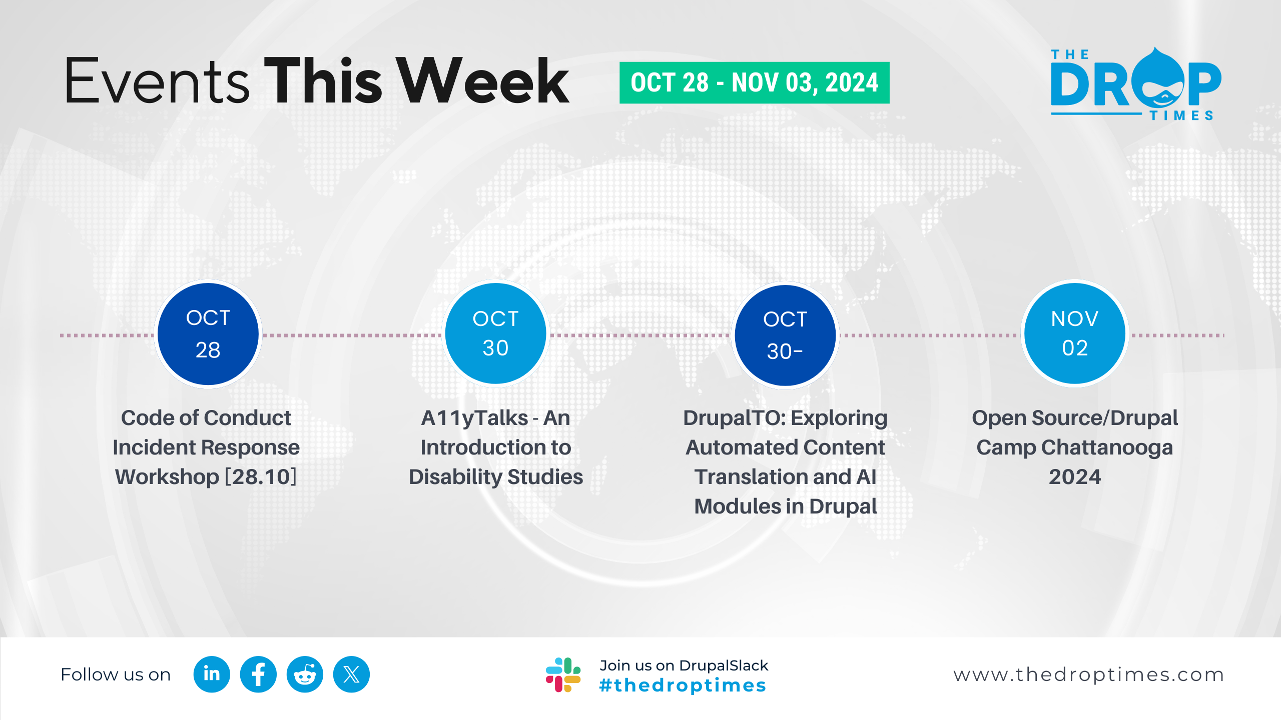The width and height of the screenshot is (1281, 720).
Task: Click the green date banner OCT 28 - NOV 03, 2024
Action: point(754,82)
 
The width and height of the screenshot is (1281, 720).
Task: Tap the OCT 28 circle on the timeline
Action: point(208,334)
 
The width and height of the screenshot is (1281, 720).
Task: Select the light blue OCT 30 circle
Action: point(495,333)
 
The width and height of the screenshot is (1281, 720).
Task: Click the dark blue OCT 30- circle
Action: point(785,335)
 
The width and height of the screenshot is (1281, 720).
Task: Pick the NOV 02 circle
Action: point(1075,333)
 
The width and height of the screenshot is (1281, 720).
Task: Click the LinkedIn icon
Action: point(212,674)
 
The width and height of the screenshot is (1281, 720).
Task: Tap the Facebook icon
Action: point(258,674)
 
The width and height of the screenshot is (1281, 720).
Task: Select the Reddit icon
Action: point(305,674)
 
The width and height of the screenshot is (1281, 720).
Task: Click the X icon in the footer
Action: point(351,674)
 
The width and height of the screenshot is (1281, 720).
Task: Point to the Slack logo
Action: point(563,675)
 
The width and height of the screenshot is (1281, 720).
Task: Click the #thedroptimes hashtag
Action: point(683,685)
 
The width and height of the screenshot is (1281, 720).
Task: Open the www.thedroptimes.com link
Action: point(1089,675)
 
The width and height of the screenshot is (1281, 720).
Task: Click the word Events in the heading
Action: point(157,80)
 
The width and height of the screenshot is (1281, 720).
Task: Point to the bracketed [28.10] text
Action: point(261,477)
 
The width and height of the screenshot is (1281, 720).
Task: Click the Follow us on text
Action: point(116,675)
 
